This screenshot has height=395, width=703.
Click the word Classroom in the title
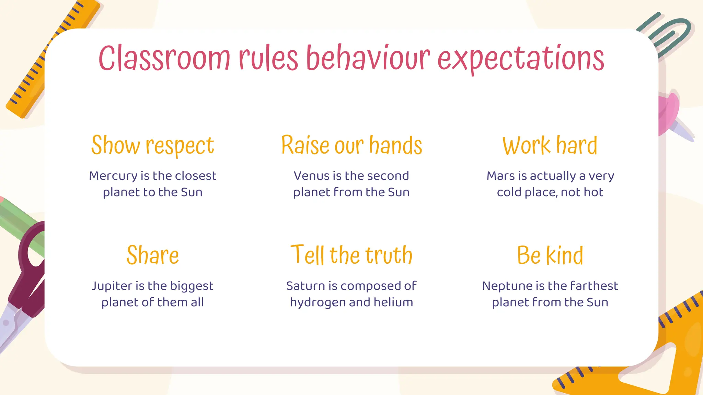[x=164, y=58]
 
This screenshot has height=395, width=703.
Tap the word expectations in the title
[x=521, y=59]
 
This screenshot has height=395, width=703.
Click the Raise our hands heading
[x=351, y=145]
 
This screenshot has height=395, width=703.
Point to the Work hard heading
[x=550, y=145]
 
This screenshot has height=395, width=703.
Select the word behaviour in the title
[x=368, y=58]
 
